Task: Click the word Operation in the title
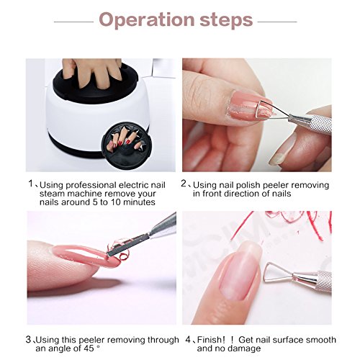tap(147, 19)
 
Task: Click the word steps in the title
tap(226, 20)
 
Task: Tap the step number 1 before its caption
tap(30, 184)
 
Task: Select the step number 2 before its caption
tap(184, 184)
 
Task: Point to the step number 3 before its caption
tap(28, 339)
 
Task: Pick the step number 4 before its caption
tap(189, 339)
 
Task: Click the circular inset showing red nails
tap(127, 145)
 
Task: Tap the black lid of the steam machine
tap(96, 81)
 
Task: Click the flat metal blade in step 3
tap(127, 246)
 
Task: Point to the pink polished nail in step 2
tap(246, 107)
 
